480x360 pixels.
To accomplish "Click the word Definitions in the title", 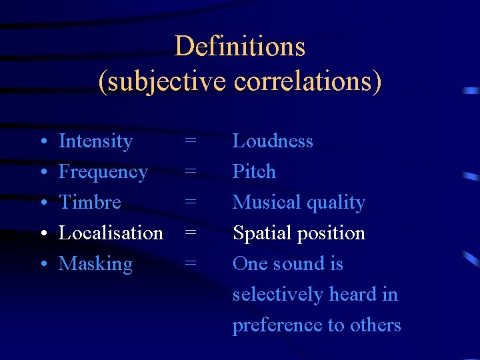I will coord(240,47).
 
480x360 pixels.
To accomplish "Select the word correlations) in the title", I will coord(308,81).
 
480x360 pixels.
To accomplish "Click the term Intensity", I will coord(95,141).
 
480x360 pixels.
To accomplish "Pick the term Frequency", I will coord(103,172).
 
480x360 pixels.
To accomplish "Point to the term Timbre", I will coord(90,202).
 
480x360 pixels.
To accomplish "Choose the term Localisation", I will coord(111,233).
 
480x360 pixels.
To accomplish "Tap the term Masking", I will coord(95,264).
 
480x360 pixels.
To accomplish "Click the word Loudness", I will coord(273,141).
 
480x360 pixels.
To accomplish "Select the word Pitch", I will coord(254,172).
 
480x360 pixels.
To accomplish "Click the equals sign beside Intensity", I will coord(191,141).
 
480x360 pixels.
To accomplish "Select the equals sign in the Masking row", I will coord(191,264).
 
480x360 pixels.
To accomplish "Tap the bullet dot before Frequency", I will coord(43,173).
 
